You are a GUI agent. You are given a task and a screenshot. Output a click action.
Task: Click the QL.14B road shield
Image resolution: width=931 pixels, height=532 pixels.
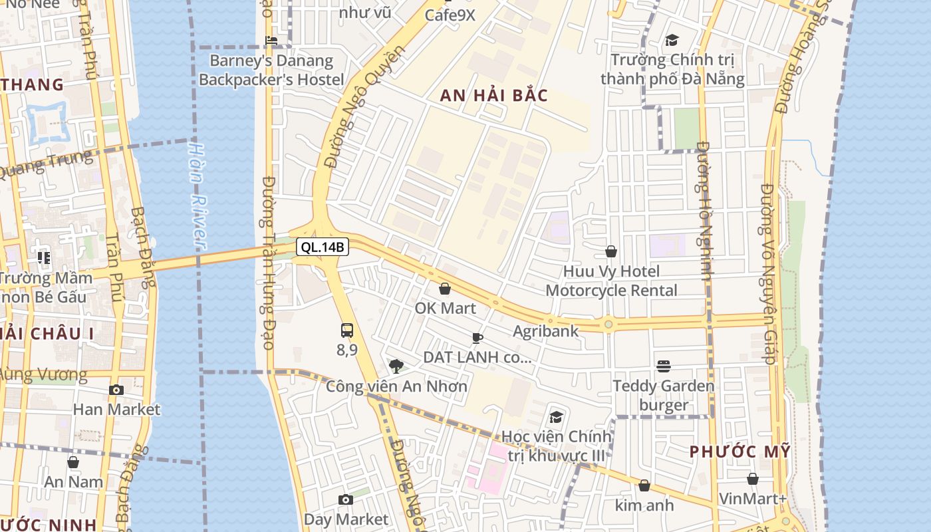coord(323,247)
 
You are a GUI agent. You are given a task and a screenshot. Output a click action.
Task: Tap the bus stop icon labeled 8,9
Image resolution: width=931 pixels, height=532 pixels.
coord(346,331)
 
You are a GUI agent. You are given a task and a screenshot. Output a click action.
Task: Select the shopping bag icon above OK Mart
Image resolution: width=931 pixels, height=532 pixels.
coord(445,289)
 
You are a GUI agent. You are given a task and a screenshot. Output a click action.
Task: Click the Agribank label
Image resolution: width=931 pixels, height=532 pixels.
coord(545,331)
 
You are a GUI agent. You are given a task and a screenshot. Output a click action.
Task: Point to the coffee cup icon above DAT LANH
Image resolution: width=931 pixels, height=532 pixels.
coord(477,338)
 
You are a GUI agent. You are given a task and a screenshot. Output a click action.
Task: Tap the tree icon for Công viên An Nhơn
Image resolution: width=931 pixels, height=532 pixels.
coord(396,365)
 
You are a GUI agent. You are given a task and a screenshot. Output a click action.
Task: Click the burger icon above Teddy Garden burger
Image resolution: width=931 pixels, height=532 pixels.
coord(663,366)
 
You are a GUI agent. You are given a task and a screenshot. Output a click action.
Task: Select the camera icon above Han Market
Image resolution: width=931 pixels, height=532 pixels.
coord(116,390)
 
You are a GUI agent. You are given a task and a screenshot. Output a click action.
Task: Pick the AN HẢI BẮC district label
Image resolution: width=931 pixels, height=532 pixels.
coord(494,96)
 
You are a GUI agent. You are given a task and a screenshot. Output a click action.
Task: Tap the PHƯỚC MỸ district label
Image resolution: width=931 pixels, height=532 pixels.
coord(740,452)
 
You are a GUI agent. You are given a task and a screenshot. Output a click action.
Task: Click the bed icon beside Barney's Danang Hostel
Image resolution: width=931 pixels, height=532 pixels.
coord(271,41)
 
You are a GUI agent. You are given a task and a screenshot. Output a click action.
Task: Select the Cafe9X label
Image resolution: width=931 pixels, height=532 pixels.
coord(450,15)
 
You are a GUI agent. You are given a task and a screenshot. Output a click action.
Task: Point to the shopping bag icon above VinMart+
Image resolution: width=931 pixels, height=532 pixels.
coord(753,479)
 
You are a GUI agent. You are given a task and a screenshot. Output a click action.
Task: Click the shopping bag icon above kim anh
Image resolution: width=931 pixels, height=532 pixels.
coord(644,485)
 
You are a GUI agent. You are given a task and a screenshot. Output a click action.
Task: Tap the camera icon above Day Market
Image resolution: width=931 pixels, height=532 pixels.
coord(345,499)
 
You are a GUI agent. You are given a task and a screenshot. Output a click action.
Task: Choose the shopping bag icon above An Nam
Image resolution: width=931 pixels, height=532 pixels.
coord(73,462)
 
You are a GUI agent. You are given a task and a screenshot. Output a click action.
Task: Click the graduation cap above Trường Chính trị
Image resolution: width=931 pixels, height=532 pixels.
coord(672,41)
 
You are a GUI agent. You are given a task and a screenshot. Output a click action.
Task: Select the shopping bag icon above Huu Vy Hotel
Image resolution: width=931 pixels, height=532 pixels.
coord(610,251)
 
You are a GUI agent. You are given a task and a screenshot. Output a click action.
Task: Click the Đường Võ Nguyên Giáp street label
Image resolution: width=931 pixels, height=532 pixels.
coord(767,273)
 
